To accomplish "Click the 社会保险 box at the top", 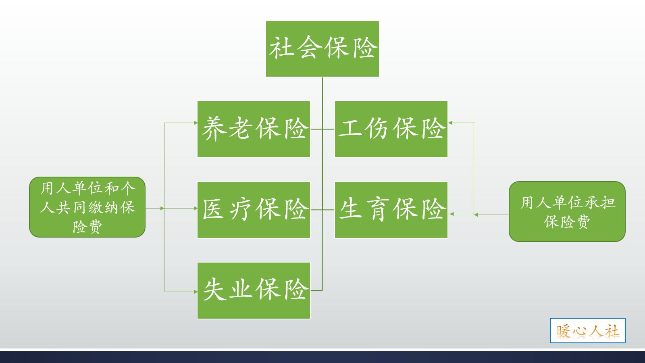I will (x=322, y=49).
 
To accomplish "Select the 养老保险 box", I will (x=254, y=129).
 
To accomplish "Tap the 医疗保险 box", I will (x=254, y=210).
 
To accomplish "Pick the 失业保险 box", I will (x=254, y=290).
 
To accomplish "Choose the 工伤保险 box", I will (x=391, y=129).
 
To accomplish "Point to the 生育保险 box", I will (x=391, y=210).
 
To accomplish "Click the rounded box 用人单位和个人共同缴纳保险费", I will (x=87, y=207).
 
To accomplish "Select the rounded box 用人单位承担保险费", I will (x=567, y=212).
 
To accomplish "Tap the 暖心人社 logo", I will (x=587, y=331).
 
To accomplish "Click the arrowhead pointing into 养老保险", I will (x=195, y=123).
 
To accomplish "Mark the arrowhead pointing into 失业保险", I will (x=195, y=291).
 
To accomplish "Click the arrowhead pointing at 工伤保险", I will (x=451, y=123).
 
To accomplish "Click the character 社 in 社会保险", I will (x=281, y=48).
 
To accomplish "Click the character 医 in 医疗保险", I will (x=214, y=209).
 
